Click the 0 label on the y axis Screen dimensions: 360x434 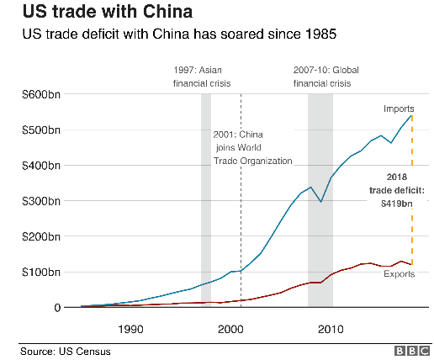coord(55,308)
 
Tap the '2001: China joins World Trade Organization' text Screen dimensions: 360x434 coord(250,147)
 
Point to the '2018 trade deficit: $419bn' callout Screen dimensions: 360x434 coord(394,190)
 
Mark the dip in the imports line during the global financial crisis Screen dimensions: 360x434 coord(320,202)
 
